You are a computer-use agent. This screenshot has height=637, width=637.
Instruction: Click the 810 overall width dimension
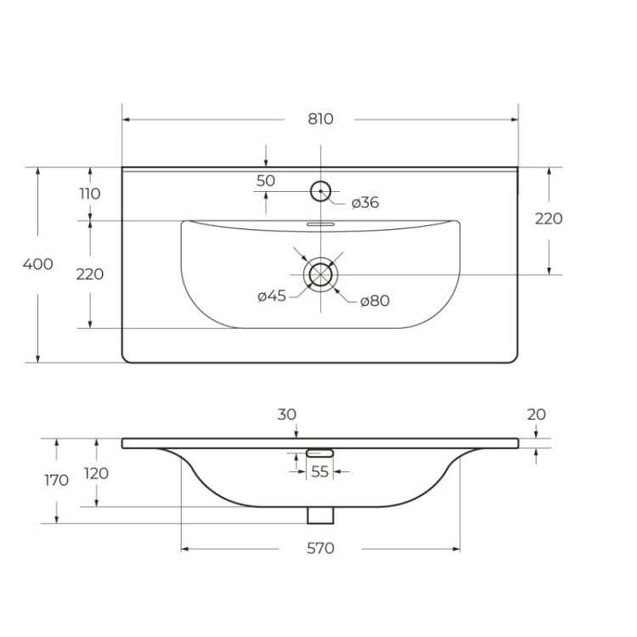(320, 119)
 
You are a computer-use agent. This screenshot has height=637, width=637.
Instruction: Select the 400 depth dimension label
(37, 264)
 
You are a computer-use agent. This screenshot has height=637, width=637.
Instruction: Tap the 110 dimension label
(90, 194)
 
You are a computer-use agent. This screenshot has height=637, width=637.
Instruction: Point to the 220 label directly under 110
(90, 274)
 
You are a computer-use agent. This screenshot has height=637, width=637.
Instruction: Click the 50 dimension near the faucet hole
(266, 180)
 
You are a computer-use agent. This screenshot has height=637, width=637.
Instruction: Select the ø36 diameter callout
(365, 202)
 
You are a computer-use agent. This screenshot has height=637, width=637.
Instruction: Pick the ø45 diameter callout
(272, 296)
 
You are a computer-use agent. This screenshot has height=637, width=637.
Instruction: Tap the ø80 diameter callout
(375, 301)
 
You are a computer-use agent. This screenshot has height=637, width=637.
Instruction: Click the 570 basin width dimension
(320, 549)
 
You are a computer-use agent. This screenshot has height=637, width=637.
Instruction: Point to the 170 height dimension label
(56, 481)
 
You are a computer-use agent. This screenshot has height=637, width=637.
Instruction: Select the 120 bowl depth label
(96, 473)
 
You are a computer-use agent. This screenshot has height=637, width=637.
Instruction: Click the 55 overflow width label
(319, 472)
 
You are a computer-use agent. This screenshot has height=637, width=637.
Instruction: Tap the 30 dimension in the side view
(286, 414)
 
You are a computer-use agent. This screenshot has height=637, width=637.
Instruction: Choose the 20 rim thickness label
(536, 414)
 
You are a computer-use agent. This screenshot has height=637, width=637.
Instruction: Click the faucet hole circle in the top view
(320, 190)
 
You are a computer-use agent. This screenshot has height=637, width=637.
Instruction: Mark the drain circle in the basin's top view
(320, 274)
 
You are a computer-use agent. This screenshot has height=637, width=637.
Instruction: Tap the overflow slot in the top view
(320, 224)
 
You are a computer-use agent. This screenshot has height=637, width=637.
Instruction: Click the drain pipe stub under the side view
(320, 515)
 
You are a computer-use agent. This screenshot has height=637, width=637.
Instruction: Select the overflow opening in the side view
(319, 452)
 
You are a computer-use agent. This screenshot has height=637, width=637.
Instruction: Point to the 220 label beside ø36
(549, 218)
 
